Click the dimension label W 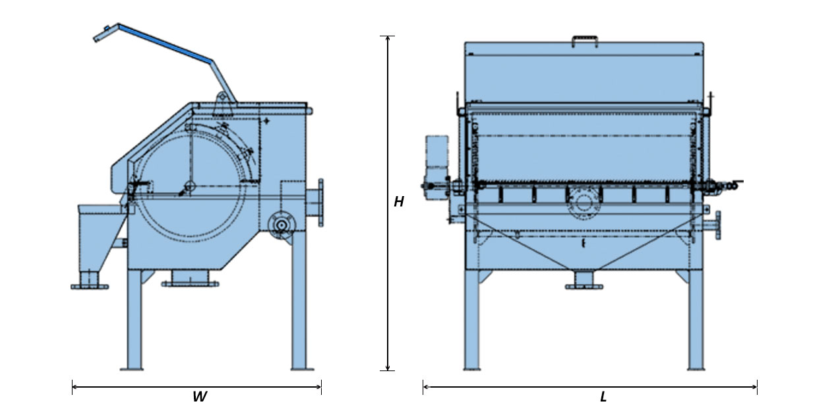click(x=199, y=398)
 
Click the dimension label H click(x=399, y=202)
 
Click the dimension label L click(x=603, y=398)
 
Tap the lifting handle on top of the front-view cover click(x=584, y=42)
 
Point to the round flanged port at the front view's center click(x=584, y=202)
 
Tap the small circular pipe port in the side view click(x=282, y=225)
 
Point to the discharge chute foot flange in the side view click(x=89, y=285)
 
